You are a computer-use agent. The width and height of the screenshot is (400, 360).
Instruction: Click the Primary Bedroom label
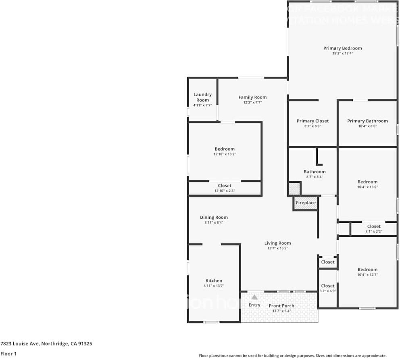click(x=342, y=48)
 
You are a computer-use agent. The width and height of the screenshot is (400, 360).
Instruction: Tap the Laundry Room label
click(x=202, y=97)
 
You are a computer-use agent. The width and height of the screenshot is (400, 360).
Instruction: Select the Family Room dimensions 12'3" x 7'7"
click(x=252, y=103)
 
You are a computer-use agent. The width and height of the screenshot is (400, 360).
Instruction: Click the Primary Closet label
click(x=312, y=121)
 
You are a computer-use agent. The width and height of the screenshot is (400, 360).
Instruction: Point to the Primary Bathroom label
click(x=367, y=121)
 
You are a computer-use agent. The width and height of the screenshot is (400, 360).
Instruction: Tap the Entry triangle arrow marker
click(x=254, y=297)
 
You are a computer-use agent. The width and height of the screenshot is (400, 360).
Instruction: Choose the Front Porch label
click(x=281, y=306)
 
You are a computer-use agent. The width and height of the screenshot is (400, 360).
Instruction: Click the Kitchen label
click(x=214, y=281)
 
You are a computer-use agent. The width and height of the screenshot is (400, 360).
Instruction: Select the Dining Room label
click(x=214, y=218)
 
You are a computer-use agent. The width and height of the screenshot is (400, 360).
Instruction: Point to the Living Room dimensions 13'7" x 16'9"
click(x=277, y=248)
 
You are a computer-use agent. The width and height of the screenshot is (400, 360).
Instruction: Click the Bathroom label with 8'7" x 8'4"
click(x=315, y=172)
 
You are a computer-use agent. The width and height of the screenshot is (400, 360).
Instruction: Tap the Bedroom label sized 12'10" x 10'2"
click(x=225, y=149)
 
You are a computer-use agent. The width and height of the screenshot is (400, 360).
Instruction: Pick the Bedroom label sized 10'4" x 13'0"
click(x=367, y=182)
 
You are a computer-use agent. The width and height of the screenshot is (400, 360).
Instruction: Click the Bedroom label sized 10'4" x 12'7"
click(x=367, y=270)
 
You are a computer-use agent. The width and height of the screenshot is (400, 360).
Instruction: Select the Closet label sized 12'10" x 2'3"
click(x=225, y=186)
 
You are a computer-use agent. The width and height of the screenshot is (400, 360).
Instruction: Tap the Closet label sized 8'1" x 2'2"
click(x=374, y=226)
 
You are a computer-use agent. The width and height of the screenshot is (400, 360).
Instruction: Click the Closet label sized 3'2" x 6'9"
click(x=328, y=286)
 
